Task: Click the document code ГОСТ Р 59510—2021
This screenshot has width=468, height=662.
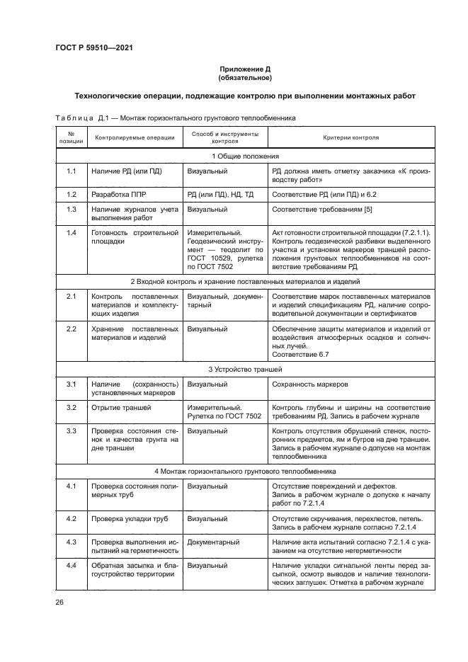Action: (x=94, y=47)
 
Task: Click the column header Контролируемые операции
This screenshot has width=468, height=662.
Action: (x=133, y=138)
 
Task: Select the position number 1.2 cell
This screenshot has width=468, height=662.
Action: (x=71, y=193)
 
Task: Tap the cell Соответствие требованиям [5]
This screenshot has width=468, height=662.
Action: (x=314, y=210)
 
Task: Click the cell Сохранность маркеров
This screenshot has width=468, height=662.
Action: (x=309, y=384)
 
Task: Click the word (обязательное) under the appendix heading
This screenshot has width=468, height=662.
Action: (x=244, y=78)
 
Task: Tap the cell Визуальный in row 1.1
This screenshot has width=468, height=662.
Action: (x=207, y=171)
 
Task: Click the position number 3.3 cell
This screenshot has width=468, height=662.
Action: (x=71, y=430)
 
